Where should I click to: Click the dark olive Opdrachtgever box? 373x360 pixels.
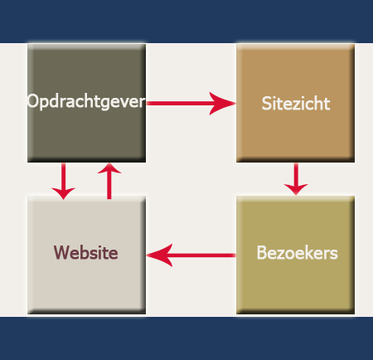click(x=86, y=103)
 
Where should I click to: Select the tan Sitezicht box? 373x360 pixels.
click(x=295, y=103)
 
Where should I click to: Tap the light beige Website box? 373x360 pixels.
click(x=86, y=255)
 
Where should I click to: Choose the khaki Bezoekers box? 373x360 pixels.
click(x=295, y=255)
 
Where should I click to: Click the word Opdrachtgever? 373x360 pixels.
click(x=86, y=102)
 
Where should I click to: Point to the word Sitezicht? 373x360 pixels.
click(x=296, y=104)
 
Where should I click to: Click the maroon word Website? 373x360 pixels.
click(x=86, y=252)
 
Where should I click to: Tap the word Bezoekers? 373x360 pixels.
click(x=298, y=253)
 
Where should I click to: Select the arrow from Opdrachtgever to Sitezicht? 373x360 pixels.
click(x=191, y=104)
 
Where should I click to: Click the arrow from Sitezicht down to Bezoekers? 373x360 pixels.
click(x=296, y=179)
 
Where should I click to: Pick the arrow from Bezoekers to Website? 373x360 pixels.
click(x=191, y=255)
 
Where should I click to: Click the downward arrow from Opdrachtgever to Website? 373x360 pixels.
click(x=64, y=181)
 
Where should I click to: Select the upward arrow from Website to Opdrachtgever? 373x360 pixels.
click(x=109, y=181)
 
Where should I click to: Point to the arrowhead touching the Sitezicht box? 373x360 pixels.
click(x=222, y=104)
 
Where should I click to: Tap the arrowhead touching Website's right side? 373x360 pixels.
click(x=159, y=255)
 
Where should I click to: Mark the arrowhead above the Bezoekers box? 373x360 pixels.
click(x=296, y=189)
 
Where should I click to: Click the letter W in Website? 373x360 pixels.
click(x=61, y=252)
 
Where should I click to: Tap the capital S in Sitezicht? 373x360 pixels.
click(x=266, y=104)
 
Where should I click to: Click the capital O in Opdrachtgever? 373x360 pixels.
click(x=33, y=101)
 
